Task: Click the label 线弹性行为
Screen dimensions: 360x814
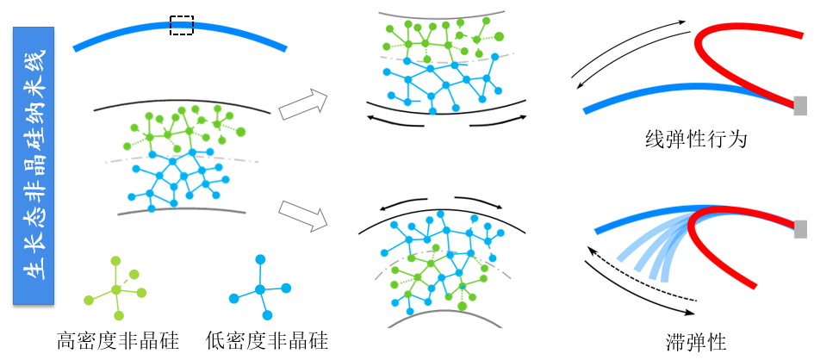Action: [x=695, y=138]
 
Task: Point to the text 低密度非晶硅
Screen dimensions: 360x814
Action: [x=267, y=341]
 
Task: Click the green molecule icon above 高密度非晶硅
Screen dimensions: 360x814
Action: [x=112, y=286]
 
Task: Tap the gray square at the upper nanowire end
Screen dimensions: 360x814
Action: [x=800, y=105]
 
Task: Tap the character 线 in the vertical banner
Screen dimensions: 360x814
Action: [x=34, y=62]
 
